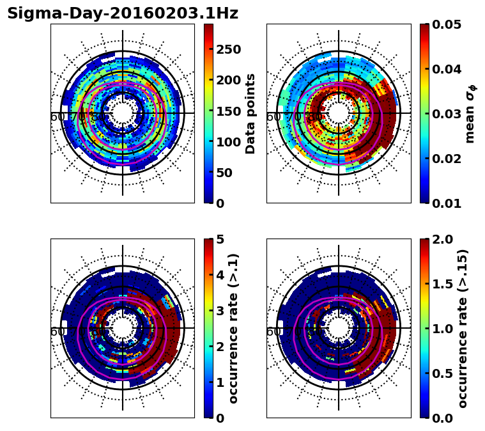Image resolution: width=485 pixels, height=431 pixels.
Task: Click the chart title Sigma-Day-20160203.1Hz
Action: click(123, 13)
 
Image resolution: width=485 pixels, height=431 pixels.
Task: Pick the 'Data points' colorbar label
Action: click(250, 113)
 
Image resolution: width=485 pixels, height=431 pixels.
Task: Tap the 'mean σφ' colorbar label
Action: click(470, 113)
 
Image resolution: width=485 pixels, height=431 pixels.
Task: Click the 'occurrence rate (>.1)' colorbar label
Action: click(234, 328)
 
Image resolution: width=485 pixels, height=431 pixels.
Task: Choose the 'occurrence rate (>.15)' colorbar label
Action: click(463, 328)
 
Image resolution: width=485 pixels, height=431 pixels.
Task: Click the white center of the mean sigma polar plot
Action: click(339, 113)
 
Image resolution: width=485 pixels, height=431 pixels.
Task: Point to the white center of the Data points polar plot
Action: click(123, 113)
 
